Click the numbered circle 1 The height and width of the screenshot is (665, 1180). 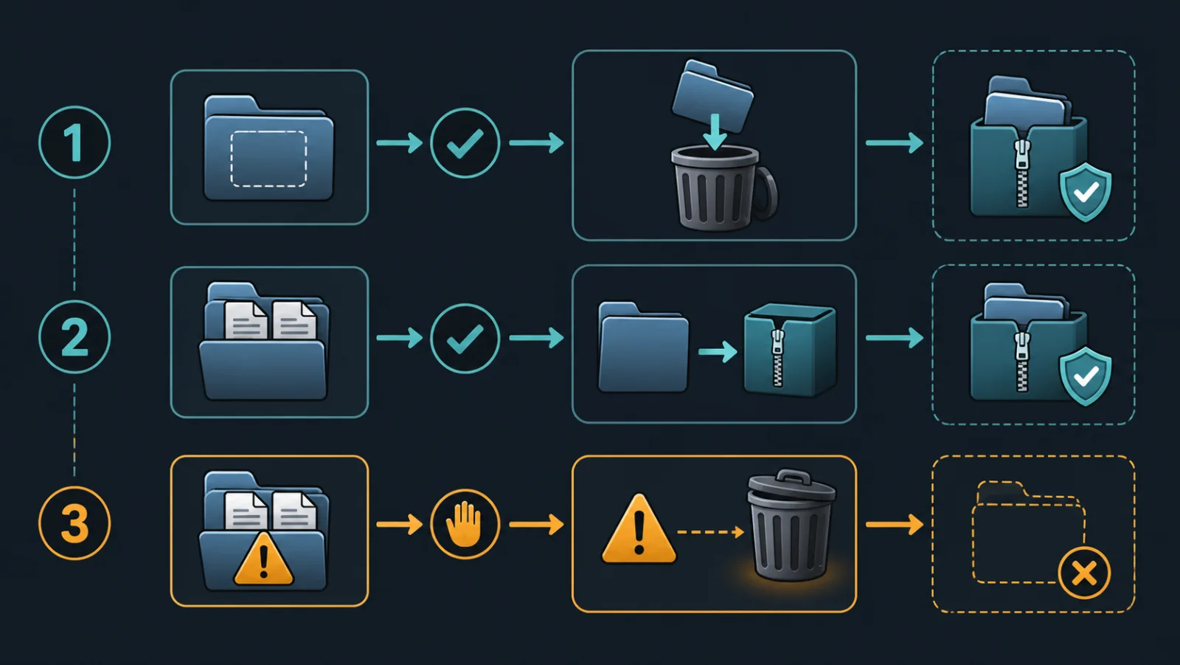74,142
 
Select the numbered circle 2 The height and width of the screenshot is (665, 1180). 74,337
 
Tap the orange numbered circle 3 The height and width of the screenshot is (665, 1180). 74,523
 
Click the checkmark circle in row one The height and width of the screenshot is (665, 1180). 465,143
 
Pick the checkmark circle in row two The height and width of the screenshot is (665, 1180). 465,338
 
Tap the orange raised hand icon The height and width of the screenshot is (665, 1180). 465,524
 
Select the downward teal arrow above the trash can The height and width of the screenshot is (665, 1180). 715,131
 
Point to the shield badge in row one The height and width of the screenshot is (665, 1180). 1085,192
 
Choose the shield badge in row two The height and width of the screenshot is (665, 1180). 1085,376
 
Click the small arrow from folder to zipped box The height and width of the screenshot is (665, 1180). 718,352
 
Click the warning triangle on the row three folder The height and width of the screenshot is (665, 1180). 263,560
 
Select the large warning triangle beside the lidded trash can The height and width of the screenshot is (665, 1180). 639,529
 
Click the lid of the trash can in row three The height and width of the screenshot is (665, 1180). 792,485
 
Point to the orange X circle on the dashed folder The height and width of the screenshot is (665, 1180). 1084,573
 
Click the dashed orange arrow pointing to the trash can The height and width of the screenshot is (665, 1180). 711,532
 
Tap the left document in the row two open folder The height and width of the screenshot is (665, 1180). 246,320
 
